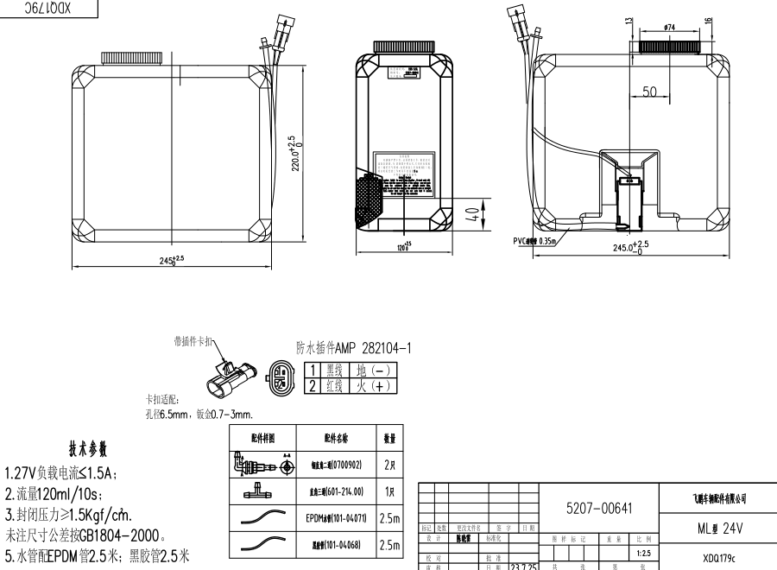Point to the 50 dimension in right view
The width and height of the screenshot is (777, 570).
pyautogui.click(x=650, y=92)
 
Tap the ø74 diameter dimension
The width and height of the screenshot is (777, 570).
pyautogui.click(x=669, y=28)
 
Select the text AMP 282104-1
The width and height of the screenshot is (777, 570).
pyautogui.click(x=370, y=348)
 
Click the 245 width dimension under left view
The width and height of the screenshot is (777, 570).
pyautogui.click(x=174, y=260)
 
